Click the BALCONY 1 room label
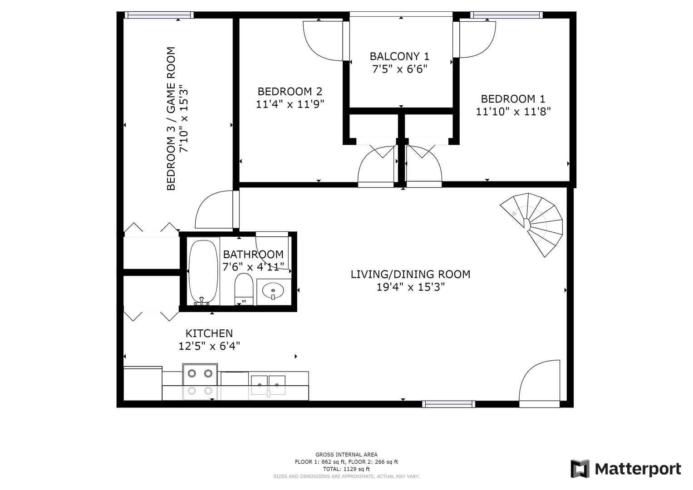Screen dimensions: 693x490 tap(399, 56)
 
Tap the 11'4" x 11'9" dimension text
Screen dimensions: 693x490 tap(290, 104)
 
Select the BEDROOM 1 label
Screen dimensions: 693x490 tap(513, 99)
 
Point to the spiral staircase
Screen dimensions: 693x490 tap(531, 225)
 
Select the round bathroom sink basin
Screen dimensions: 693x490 tap(273, 291)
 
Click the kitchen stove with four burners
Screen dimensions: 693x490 tap(200, 382)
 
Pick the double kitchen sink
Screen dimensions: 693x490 tap(268, 386)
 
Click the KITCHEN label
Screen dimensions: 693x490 tap(209, 333)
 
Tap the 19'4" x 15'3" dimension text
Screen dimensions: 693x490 tap(411, 287)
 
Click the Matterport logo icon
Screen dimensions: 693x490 tap(580, 469)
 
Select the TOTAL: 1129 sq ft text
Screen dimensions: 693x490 tap(347, 469)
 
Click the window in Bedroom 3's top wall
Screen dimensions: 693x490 tap(159, 15)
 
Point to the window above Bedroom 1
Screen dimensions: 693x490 tap(506, 15)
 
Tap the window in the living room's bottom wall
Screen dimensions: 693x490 tap(448, 404)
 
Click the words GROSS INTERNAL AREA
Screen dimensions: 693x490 tap(347, 455)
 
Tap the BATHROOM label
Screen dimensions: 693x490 tap(253, 255)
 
